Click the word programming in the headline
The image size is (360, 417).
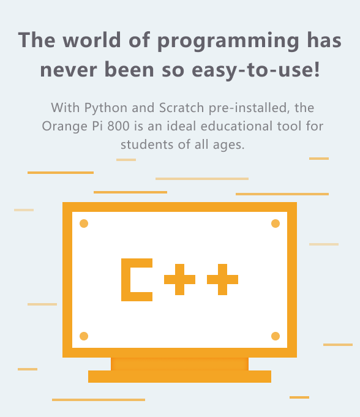coord(228,42)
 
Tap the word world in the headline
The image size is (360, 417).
coord(92,40)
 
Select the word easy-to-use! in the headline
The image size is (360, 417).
coord(256,70)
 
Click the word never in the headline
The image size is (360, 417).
coord(69,70)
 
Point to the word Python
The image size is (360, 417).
coord(105,108)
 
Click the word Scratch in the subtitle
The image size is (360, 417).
coord(181,108)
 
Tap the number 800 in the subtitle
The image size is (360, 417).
coord(118,126)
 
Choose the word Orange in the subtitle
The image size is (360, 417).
coord(65,127)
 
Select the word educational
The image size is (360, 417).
coord(236,126)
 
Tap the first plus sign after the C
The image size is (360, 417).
coord(180,279)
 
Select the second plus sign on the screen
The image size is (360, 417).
coord(222,279)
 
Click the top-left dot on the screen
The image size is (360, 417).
coord(84,224)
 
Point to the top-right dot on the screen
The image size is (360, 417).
coord(276,224)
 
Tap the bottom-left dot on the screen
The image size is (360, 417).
coord(84,336)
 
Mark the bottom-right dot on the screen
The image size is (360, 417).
coord(276,336)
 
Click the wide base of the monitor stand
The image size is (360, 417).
coord(180,377)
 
